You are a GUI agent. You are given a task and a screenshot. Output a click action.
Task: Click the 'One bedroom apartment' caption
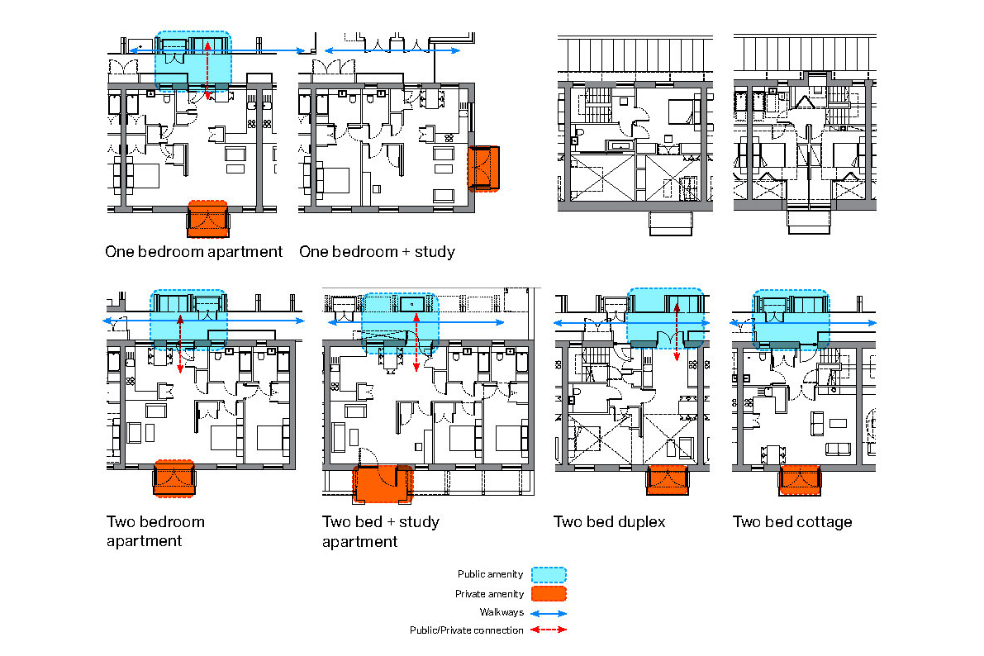tap(193, 251)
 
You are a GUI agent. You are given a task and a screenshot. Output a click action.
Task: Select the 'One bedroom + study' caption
tap(377, 251)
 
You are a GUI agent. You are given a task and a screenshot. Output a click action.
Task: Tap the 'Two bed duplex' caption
tap(609, 521)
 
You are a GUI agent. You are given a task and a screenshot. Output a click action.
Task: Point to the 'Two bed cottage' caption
tap(791, 521)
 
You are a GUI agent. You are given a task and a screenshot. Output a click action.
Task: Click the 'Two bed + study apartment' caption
tap(380, 531)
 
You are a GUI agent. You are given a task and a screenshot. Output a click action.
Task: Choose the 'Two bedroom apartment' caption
tap(155, 531)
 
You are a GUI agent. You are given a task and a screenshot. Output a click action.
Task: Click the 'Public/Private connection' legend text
tap(466, 630)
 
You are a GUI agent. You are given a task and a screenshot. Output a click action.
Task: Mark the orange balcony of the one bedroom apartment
tap(208, 219)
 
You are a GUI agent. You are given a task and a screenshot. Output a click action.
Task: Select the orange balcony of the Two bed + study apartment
tap(382, 484)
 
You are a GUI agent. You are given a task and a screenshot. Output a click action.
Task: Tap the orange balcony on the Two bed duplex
tap(667, 480)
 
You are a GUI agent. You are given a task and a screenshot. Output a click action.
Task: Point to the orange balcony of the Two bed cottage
tap(799, 480)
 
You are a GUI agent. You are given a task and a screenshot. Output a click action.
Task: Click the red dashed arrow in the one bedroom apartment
tap(207, 69)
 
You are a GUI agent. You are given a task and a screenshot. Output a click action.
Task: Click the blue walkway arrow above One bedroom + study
tap(392, 51)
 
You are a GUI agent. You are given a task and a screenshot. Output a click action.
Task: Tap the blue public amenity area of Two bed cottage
tap(791, 318)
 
